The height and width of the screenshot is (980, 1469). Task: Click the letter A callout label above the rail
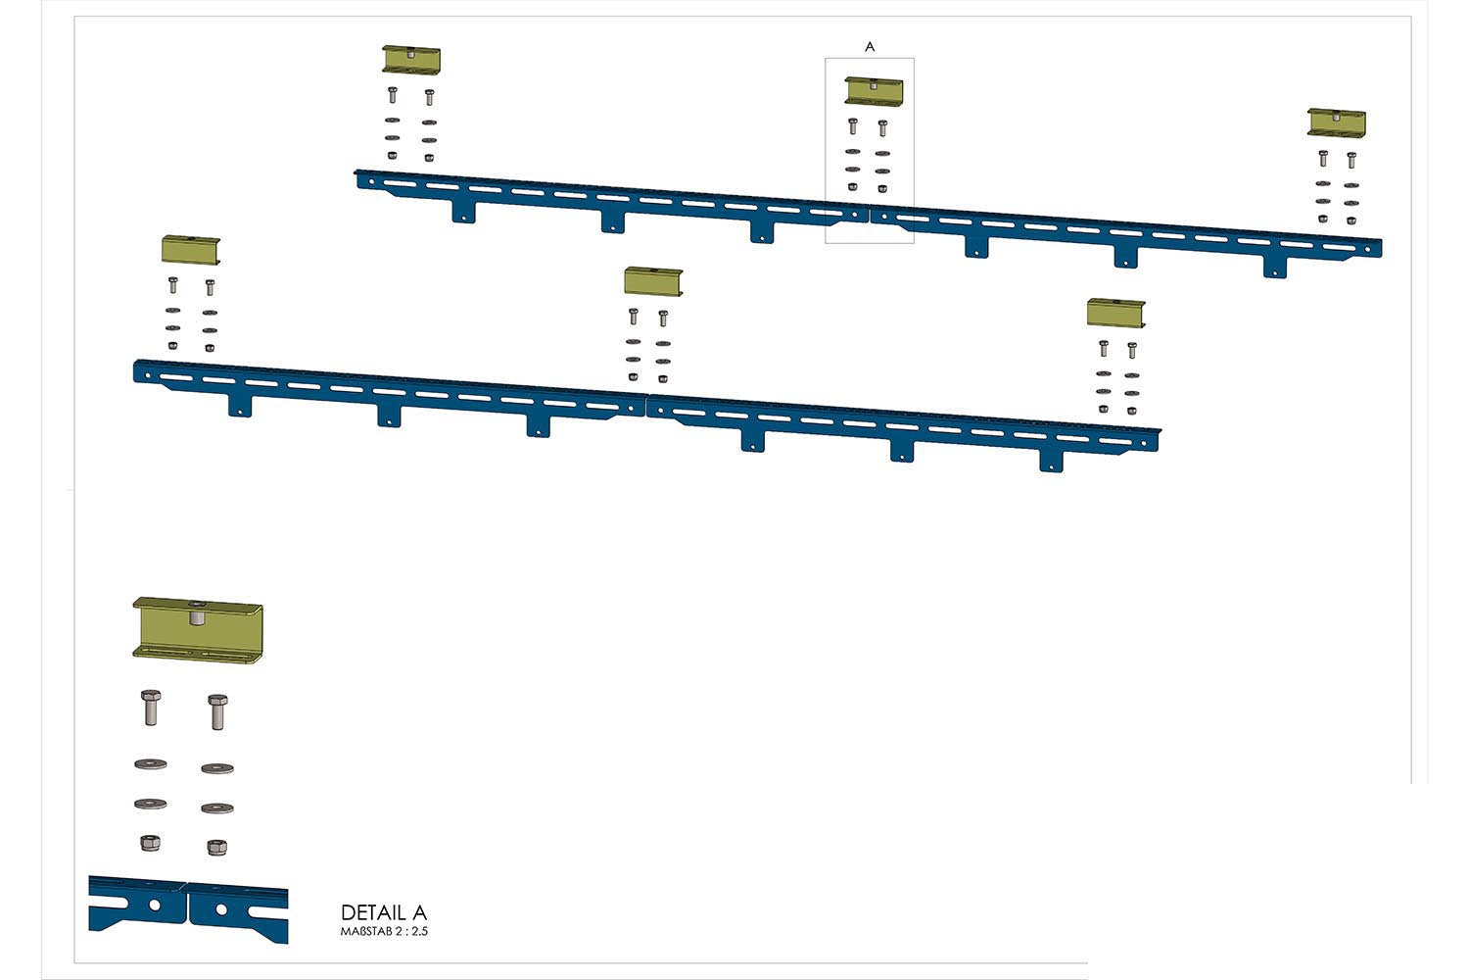click(870, 47)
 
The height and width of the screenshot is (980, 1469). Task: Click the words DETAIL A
click(384, 912)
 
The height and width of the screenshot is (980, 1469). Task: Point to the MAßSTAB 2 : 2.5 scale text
click(384, 931)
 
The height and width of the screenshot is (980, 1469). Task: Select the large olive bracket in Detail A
click(198, 628)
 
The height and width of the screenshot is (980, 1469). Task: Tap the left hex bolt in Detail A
click(150, 707)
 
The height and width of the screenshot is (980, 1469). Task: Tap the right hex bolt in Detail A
click(217, 711)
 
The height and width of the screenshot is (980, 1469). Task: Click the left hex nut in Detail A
click(150, 842)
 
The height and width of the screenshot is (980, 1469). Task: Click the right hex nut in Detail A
click(216, 847)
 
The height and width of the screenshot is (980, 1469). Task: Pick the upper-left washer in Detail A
click(150, 763)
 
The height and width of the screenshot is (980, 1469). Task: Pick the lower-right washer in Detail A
click(216, 808)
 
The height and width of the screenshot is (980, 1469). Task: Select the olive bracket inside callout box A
click(874, 91)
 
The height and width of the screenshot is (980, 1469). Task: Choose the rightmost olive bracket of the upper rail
click(1337, 122)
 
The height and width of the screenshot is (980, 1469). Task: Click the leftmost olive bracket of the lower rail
click(191, 249)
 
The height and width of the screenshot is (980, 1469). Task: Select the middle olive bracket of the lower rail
click(653, 281)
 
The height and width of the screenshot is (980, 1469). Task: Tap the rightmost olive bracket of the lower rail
click(1115, 314)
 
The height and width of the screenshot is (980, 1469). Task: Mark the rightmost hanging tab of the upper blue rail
click(1274, 266)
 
